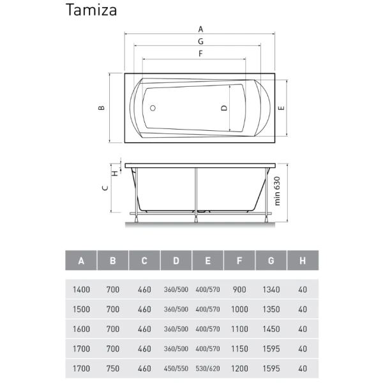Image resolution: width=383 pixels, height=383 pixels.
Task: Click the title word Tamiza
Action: tap(91, 10)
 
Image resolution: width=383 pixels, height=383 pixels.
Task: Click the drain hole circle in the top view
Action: tap(153, 108)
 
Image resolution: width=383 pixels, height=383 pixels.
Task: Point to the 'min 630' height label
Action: tap(278, 190)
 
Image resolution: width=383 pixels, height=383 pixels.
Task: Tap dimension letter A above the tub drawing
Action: tap(200, 29)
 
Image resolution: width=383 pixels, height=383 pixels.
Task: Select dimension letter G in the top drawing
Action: tap(200, 41)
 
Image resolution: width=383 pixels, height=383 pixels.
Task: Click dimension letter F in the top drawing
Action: tap(200, 54)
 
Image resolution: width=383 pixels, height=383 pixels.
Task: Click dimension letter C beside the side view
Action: tap(104, 188)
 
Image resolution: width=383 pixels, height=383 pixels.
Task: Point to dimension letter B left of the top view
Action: tap(101, 109)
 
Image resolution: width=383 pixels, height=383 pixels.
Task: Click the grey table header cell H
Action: tap(303, 260)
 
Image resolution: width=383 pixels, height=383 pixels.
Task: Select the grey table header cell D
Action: tap(176, 260)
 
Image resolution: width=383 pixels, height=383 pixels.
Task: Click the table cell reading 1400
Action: tap(82, 289)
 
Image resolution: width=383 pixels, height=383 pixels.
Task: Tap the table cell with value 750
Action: tap(113, 368)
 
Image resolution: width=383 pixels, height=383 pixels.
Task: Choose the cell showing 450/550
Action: tap(176, 368)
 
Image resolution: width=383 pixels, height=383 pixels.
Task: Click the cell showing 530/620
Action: tap(207, 368)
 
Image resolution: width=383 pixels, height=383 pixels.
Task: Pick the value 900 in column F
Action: tap(239, 289)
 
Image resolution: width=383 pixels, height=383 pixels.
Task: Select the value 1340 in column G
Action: tap(271, 289)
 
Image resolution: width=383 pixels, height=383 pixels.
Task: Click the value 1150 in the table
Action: tap(239, 349)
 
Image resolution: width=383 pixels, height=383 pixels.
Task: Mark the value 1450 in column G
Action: tap(271, 329)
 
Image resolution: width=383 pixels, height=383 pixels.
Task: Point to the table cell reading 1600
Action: tap(82, 329)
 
